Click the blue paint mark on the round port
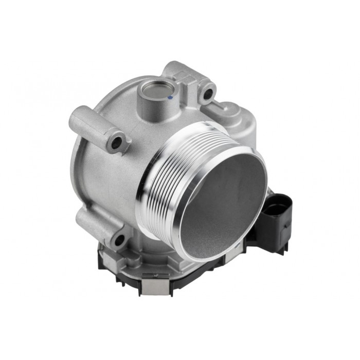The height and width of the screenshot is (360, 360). (170, 96)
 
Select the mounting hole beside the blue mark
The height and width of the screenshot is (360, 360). (208, 94)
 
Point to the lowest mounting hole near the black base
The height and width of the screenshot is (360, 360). (119, 239)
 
